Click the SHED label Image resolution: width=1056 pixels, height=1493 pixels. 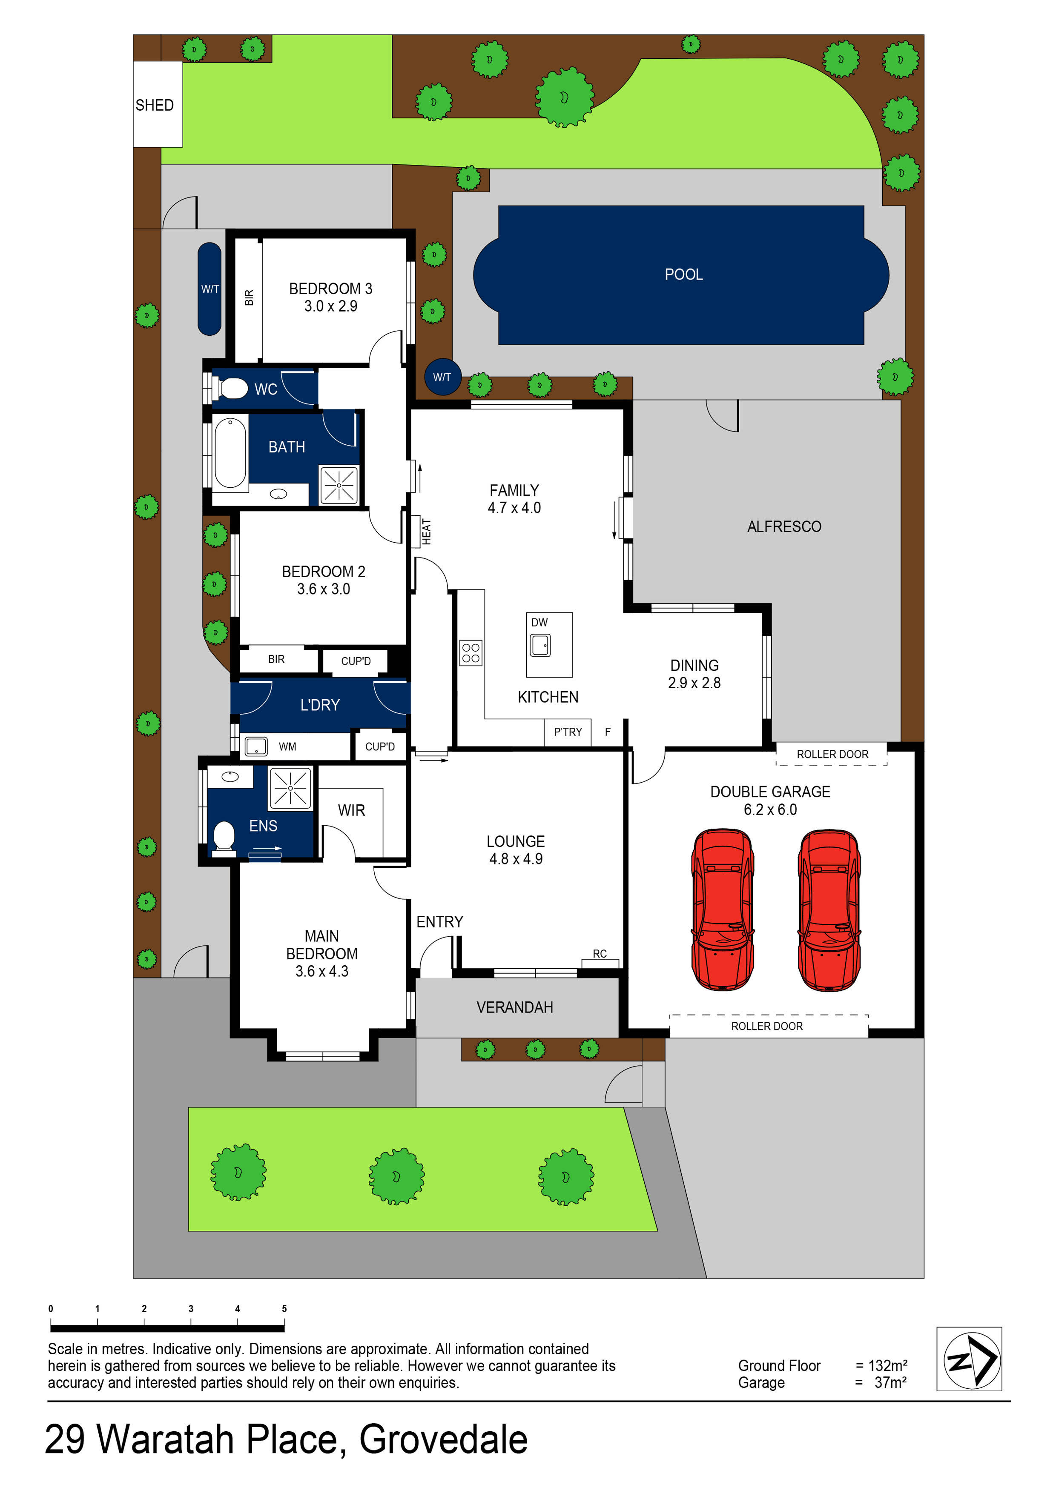pos(154,106)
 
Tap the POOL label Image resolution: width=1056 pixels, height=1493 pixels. pos(683,275)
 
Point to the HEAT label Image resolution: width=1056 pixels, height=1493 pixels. pos(426,531)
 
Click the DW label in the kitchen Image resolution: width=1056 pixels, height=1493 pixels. pos(539,622)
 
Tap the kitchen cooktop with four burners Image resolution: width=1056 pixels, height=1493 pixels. pos(471,653)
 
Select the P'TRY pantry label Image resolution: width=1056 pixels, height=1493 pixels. pos(567,732)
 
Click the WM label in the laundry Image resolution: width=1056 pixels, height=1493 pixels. pos(287,746)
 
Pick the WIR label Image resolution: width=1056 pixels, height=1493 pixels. pos(351,810)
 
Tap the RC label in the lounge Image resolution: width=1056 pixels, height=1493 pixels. pos(599,954)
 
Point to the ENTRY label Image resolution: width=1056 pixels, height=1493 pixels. pos(440,922)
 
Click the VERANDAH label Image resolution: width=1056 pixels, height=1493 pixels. pos(515,1007)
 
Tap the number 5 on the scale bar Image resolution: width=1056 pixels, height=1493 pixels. pos(284,1308)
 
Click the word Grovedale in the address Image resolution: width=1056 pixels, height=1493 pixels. pos(443,1440)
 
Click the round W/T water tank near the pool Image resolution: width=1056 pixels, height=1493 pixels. pos(442,377)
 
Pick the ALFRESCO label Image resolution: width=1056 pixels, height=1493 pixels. pos(784,527)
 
